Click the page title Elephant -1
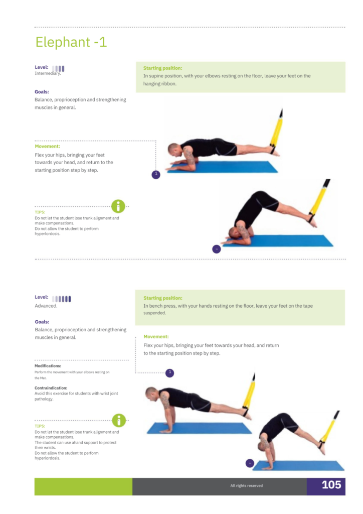71,42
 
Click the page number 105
331,484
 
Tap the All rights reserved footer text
247,485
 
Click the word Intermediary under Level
48,73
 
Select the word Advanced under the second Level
46,306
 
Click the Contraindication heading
51,388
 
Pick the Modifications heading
48,366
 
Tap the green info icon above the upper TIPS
118,206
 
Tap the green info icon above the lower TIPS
119,420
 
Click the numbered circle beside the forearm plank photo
156,175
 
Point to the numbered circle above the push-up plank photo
169,373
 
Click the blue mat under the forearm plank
223,167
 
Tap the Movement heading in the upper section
48,146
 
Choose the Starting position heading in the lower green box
162,298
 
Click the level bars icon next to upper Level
58,68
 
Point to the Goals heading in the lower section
42,322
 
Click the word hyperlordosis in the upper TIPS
48,234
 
